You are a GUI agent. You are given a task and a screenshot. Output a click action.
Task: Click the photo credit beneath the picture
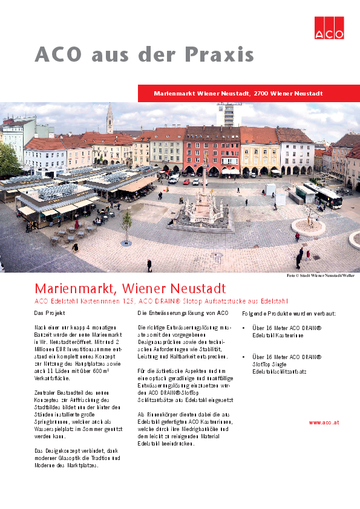tap(321, 276)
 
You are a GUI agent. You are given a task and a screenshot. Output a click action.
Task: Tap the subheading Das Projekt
tap(50, 313)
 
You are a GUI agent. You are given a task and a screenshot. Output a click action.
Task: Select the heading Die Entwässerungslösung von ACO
tap(183, 313)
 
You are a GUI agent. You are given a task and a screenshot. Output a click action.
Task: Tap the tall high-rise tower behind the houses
tap(229, 114)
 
